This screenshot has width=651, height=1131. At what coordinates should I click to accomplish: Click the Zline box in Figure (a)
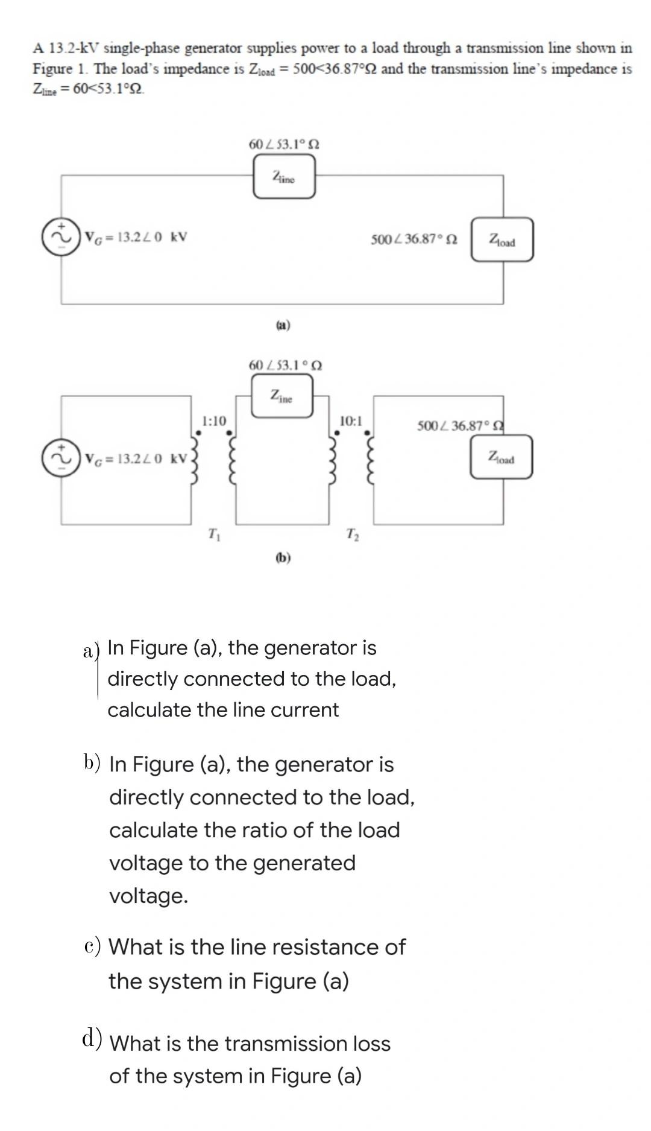(x=284, y=176)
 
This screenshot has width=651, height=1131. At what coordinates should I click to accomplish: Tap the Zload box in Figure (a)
(x=502, y=240)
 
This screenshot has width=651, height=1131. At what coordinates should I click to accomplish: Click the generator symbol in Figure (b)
(x=61, y=458)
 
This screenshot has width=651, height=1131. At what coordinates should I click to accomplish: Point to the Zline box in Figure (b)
(x=282, y=396)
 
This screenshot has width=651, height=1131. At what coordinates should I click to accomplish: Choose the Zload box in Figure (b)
(x=502, y=457)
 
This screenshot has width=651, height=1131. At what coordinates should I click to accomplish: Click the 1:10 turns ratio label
(x=213, y=420)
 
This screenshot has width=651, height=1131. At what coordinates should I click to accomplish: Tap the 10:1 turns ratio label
(x=351, y=420)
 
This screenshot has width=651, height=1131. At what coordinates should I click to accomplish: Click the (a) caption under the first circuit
(x=283, y=325)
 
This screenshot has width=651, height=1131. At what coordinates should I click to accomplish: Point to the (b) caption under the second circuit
(x=283, y=557)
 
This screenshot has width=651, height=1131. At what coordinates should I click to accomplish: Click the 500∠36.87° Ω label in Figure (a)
(x=414, y=239)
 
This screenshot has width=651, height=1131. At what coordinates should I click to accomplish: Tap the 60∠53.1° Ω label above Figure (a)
(x=284, y=144)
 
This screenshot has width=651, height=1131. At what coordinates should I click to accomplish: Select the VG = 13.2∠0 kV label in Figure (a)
(x=136, y=236)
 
